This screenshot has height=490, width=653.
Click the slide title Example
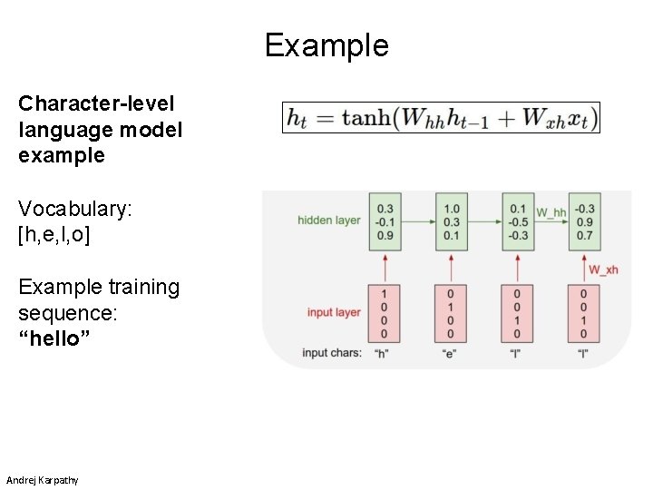326,44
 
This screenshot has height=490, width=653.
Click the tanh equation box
441,118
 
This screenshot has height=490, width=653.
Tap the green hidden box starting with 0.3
385,221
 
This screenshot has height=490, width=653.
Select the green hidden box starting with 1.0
452,221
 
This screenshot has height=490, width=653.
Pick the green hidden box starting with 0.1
518,221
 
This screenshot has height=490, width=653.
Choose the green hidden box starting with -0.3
584,221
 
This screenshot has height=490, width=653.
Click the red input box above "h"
385,313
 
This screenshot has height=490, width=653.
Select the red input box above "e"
452,313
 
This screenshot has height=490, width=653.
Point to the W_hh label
551,212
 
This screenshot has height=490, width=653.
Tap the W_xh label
603,269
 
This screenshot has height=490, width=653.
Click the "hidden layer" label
329,220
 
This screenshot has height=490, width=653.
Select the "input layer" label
334,312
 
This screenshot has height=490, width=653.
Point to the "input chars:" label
332,353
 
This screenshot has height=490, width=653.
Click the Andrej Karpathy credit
42,479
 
